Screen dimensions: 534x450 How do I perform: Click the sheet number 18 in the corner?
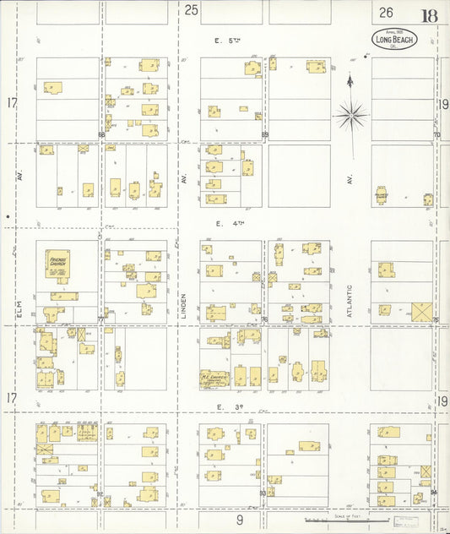pos(430,15)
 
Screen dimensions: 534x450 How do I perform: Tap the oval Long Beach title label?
pos(394,38)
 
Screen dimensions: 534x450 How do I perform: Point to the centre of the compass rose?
pos(350,113)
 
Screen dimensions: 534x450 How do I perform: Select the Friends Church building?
pos(57,264)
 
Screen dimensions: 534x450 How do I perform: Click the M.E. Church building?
pos(214,378)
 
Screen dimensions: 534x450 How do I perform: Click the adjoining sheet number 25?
pos(191,10)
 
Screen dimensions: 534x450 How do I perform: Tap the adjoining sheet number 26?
pos(386,12)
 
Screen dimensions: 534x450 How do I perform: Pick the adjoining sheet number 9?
pos(240,520)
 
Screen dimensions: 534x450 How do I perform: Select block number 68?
pos(101,134)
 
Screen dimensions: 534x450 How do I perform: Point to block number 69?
pos(264,134)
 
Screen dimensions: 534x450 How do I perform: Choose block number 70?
pos(436,134)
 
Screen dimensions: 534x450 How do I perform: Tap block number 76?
pos(264,319)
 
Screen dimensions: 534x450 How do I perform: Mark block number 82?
pos(100,493)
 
